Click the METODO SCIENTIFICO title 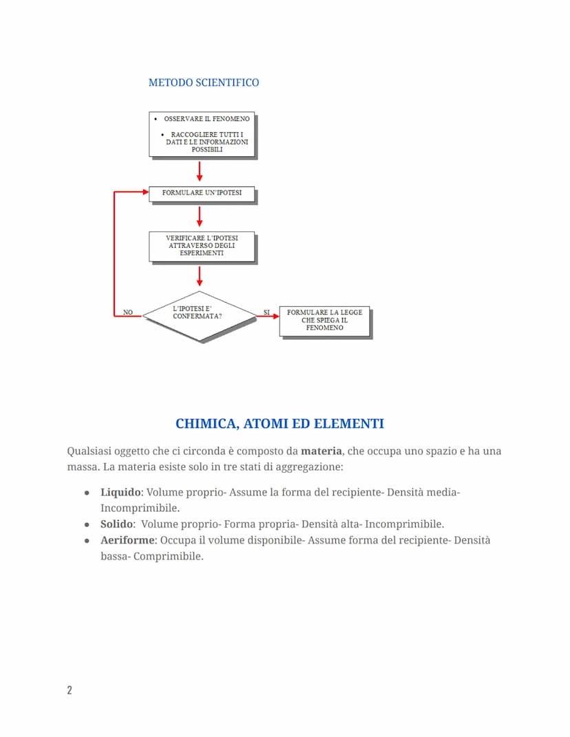[204, 83]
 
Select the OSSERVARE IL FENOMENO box [202, 134]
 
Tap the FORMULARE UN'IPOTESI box [202, 193]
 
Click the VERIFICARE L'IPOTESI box [202, 246]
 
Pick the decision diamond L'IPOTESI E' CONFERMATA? [199, 317]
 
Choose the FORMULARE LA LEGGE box [324, 321]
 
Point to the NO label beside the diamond [128, 312]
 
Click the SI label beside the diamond [266, 312]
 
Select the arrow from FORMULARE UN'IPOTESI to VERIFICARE [200, 217]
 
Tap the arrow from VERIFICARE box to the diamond [200, 276]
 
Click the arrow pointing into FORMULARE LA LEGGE [268, 317]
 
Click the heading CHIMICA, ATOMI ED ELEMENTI [279, 424]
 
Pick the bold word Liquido [121, 493]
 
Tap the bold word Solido [116, 524]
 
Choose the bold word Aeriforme [127, 540]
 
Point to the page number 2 [69, 690]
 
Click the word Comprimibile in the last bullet [169, 556]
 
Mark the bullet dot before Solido [87, 525]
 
